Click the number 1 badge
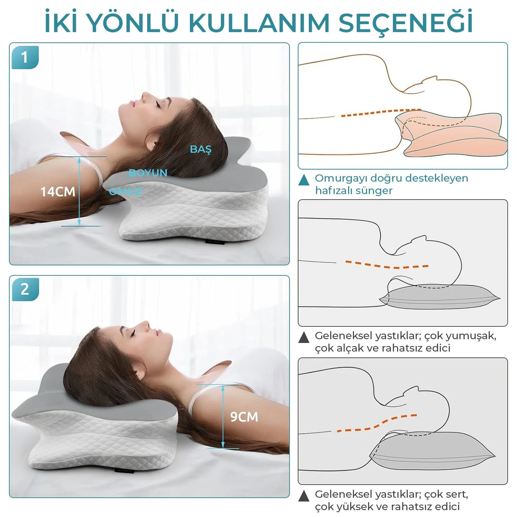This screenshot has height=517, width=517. pyautogui.click(x=25, y=57)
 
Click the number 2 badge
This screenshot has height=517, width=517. pyautogui.click(x=25, y=289)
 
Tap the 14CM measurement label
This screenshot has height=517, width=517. pyautogui.click(x=58, y=192)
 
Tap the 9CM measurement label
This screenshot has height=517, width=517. pyautogui.click(x=244, y=417)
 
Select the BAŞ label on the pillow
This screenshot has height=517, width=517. pyautogui.click(x=201, y=149)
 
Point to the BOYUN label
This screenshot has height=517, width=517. pyautogui.click(x=148, y=173)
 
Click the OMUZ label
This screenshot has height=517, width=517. pyautogui.click(x=126, y=191)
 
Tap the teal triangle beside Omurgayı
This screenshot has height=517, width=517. pyautogui.click(x=304, y=180)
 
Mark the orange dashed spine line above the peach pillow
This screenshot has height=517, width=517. pyautogui.click(x=381, y=112)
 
